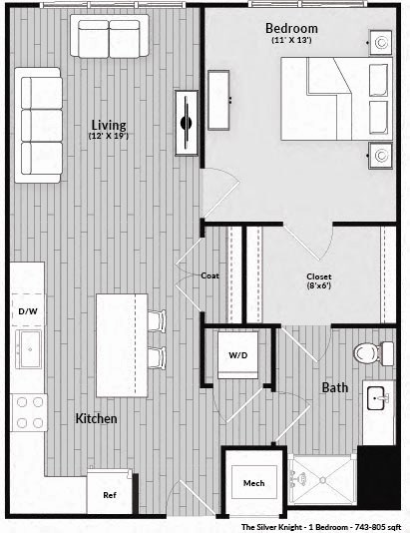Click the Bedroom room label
tap(290, 27)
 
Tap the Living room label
tap(108, 125)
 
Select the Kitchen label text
tap(97, 418)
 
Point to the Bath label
tap(335, 387)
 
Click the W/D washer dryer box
tap(238, 354)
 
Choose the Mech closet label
tap(254, 484)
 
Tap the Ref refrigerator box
tap(110, 493)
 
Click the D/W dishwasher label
tap(28, 311)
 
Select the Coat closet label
tap(209, 275)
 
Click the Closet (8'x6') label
tap(319, 276)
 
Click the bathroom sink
tap(378, 399)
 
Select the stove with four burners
tap(29, 411)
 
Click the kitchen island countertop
tap(122, 344)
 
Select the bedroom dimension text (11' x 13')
tap(290, 41)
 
